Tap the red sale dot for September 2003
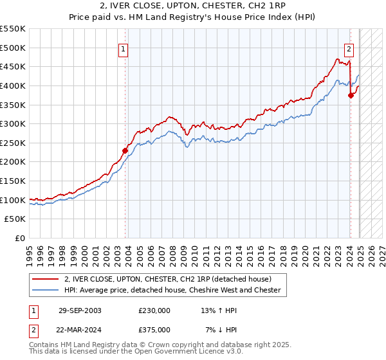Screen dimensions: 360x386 [125, 150]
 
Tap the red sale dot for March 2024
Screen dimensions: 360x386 [351, 95]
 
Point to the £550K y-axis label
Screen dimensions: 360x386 [13, 29]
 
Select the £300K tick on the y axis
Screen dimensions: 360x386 [13, 123]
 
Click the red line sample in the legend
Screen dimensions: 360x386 [44, 279]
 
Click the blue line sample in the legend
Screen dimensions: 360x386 [44, 290]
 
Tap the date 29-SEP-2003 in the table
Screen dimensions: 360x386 [80, 310]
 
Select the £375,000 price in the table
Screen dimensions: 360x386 [154, 329]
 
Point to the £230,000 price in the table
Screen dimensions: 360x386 [154, 310]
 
